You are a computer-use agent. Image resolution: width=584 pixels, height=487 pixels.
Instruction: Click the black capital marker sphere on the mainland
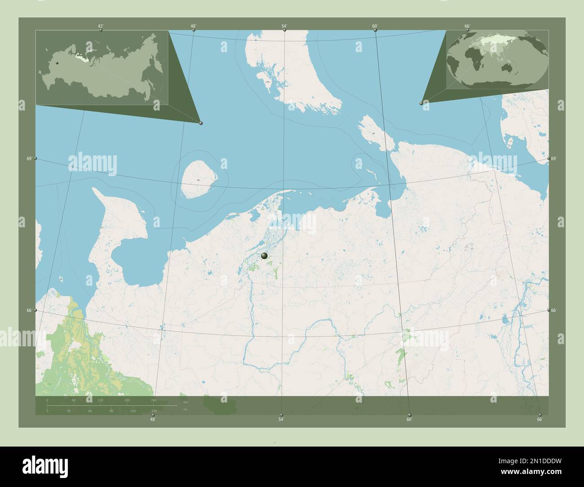[x=264, y=256]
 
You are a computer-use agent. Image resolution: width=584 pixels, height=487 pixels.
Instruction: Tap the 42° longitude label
[x=101, y=26]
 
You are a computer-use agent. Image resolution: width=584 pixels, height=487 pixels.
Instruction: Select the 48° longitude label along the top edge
[x=193, y=26]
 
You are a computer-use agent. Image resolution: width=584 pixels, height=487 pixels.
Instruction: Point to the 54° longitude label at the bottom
[x=281, y=420]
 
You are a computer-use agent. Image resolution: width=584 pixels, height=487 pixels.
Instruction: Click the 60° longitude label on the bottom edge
[x=409, y=420]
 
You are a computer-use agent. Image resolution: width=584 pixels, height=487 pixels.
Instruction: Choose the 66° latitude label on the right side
[x=554, y=310]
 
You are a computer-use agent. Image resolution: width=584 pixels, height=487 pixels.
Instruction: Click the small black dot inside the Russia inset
[x=57, y=63]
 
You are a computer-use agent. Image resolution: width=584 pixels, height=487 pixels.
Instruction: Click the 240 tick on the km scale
[x=154, y=400]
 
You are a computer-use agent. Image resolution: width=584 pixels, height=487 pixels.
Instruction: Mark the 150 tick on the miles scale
[x=154, y=411]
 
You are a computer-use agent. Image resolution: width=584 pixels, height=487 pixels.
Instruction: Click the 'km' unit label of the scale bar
[x=186, y=401]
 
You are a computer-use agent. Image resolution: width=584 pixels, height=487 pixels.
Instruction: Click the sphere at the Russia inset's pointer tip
[x=201, y=123]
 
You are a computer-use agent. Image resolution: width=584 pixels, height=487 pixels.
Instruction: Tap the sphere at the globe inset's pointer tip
[x=421, y=103]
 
